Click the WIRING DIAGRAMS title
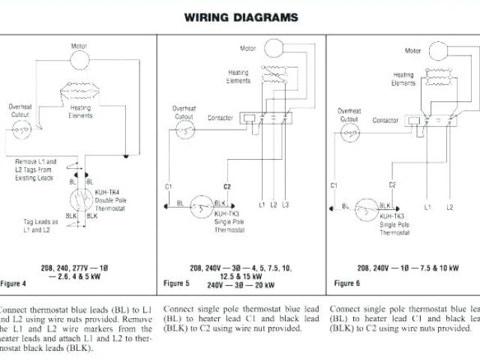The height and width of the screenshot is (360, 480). (241, 16)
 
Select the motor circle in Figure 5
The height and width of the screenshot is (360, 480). (274, 46)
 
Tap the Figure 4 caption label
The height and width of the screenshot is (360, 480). (14, 283)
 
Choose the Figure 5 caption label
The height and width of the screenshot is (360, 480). (177, 283)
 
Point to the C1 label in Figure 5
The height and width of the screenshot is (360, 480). (168, 185)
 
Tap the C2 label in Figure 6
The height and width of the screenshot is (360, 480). (391, 184)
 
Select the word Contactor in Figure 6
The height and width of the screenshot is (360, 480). (385, 119)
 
